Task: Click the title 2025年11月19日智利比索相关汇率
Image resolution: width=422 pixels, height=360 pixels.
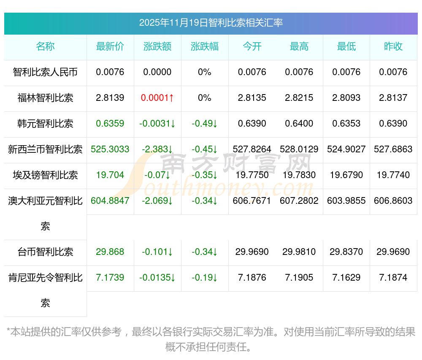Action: pos(211,23)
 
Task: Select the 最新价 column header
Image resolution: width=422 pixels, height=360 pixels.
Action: pos(110,46)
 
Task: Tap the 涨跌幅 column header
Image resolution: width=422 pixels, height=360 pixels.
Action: pos(205,46)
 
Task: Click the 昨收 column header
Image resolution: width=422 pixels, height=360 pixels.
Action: pos(393,46)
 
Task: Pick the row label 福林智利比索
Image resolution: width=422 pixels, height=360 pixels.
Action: pos(46,98)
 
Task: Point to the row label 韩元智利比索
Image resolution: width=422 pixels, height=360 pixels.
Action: pos(46,124)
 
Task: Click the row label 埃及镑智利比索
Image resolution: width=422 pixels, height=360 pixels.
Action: pos(46,175)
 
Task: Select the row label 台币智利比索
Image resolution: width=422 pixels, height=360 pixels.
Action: pos(46,252)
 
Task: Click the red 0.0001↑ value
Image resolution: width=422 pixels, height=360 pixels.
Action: pos(157,98)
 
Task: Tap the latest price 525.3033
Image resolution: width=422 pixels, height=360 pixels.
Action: pos(110,149)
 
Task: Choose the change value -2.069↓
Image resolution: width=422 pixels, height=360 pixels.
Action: pos(157,201)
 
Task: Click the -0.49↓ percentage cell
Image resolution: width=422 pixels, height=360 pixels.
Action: pos(205,124)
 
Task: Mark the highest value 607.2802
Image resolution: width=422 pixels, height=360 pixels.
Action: pos(299,201)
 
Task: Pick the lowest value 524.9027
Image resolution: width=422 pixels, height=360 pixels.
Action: pos(346,149)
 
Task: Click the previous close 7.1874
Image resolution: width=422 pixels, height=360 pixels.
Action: pos(393,278)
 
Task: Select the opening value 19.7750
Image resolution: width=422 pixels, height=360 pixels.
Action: pos(252,175)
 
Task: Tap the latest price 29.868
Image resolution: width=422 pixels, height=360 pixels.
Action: pos(110,252)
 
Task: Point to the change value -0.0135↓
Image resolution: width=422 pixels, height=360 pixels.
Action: pos(157,278)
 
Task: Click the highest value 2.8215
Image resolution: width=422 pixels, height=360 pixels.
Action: pos(299,98)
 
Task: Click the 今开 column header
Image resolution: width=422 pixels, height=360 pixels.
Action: pos(252,46)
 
